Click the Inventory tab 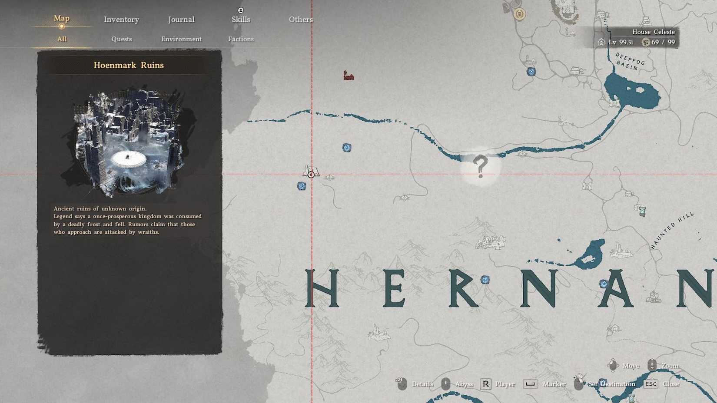click(121, 20)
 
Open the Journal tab click(181, 20)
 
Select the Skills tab click(241, 20)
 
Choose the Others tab click(301, 20)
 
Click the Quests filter click(121, 39)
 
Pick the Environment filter click(181, 39)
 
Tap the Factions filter click(241, 39)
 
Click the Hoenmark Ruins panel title click(129, 65)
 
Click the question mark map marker click(480, 166)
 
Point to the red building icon click(349, 76)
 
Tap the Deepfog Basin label click(629, 62)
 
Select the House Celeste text click(653, 32)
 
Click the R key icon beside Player click(485, 384)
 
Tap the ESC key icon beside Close click(651, 384)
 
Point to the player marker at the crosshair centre click(311, 175)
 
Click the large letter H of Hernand click(322, 288)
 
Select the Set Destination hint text click(611, 384)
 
